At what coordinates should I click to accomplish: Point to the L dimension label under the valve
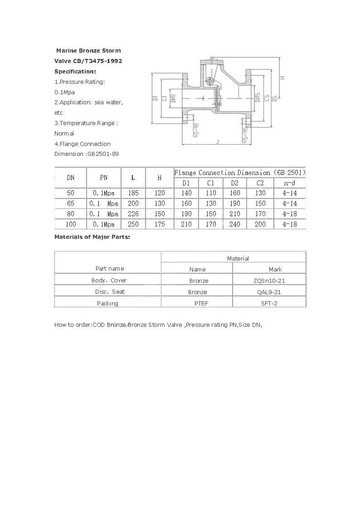[218, 142]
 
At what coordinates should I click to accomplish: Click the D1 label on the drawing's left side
[155, 98]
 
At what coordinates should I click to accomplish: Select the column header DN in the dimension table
[71, 178]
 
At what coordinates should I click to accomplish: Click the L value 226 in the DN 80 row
[133, 214]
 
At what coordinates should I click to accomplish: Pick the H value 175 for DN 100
[160, 224]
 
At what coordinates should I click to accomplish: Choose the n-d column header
[290, 183]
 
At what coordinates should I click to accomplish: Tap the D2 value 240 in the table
[235, 224]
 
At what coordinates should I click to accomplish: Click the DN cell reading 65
[71, 204]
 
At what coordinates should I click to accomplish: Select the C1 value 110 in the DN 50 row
[211, 193]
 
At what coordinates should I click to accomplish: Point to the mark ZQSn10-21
[269, 281]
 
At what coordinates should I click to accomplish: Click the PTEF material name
[201, 303]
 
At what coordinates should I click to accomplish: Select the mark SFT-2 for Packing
[269, 303]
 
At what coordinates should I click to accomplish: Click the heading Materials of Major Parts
[92, 237]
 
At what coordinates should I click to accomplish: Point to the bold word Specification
[75, 72]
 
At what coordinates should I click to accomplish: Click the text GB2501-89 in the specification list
[103, 154]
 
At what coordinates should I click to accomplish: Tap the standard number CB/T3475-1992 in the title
[96, 61]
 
